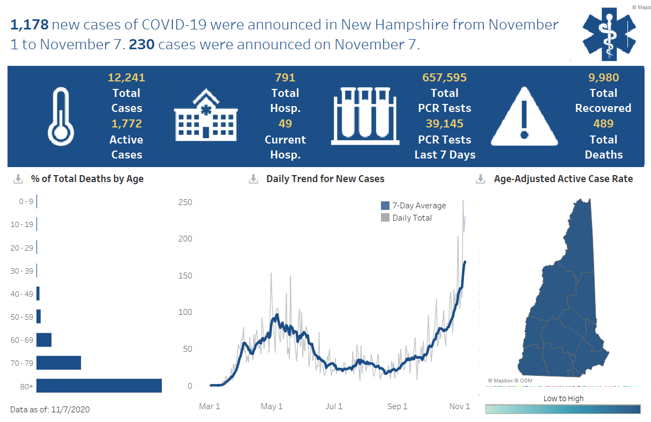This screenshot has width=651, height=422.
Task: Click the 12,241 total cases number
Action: tap(126, 78)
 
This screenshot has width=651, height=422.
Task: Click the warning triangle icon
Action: tap(525, 116)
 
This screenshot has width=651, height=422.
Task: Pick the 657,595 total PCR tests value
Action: tap(444, 78)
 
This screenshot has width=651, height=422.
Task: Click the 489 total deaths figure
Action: tap(603, 124)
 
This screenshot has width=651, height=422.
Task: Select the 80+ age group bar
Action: tap(99, 386)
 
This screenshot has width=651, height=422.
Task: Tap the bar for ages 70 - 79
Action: tap(59, 363)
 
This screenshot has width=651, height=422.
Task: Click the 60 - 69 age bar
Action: tap(44, 340)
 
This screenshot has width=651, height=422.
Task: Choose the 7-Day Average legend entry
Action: tap(413, 206)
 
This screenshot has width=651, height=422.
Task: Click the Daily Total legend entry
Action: tap(407, 218)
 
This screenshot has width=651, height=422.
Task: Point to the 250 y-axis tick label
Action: tap(185, 202)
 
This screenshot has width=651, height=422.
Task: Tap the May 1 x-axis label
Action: tap(272, 406)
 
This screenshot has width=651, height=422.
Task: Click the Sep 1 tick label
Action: tap(397, 406)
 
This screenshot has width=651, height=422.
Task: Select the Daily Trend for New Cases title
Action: tap(325, 179)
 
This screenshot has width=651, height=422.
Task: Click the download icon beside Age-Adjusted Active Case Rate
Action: tap(481, 179)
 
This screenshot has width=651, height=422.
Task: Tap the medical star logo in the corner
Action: tap(609, 33)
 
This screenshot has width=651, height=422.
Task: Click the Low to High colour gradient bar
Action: tap(563, 409)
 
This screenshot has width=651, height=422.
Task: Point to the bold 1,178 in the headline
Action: tap(29, 25)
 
